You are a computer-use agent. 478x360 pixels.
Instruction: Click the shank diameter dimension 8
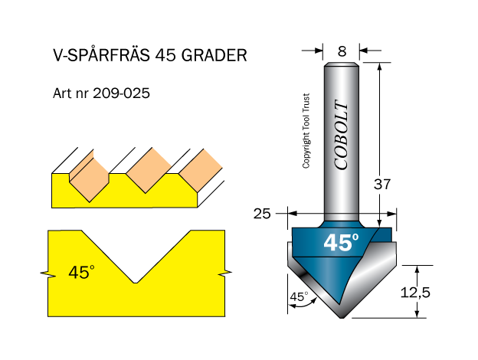pos(342,52)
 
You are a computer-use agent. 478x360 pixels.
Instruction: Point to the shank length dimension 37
pos(382,185)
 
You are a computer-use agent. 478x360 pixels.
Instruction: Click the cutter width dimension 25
pos(262,214)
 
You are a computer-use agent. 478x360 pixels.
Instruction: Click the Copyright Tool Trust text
pos(306,131)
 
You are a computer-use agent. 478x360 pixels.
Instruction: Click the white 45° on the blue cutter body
pos(341,243)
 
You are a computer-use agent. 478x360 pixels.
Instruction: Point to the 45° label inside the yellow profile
pos(80,272)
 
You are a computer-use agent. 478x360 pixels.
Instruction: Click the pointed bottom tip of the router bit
pos(341,316)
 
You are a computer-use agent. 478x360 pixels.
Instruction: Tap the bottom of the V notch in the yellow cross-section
pos(135,282)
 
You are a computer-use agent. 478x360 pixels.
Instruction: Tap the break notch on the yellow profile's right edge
pos(224,273)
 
